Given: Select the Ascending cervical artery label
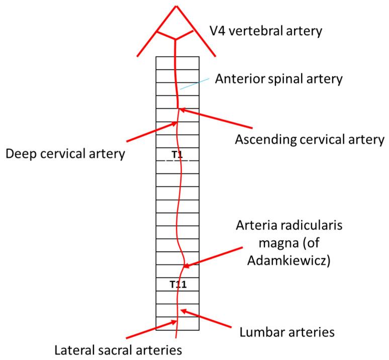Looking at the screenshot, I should point(310,138).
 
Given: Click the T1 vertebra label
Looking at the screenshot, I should point(176,154).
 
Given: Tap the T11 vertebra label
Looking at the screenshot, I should point(177,285).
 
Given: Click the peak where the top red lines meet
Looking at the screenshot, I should point(176,6).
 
